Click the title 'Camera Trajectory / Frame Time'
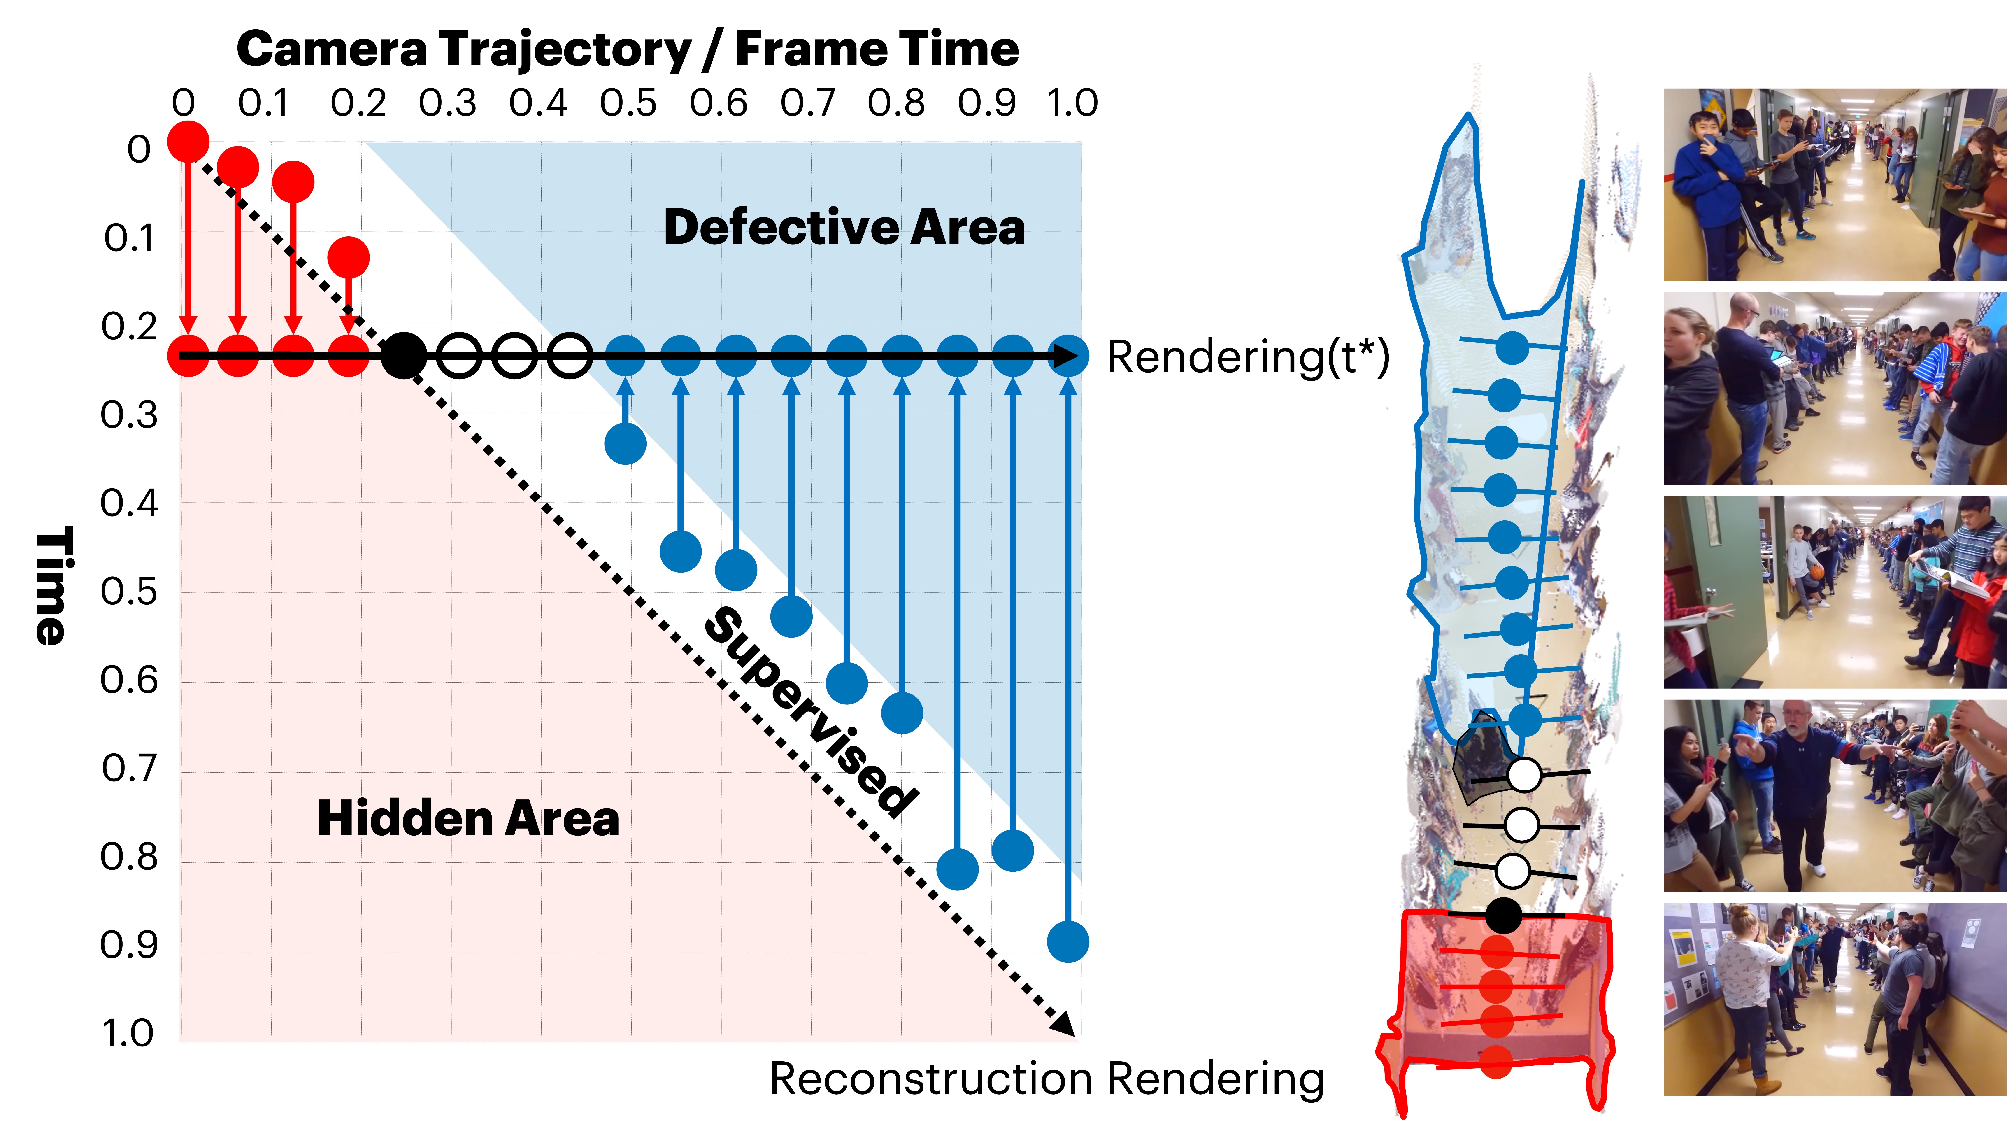627,49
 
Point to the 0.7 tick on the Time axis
129,769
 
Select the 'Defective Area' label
844,228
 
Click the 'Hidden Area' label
468,819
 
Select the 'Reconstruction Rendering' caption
1046,1079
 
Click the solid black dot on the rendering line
404,356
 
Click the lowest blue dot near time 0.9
1067,941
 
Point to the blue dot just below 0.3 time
625,444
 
